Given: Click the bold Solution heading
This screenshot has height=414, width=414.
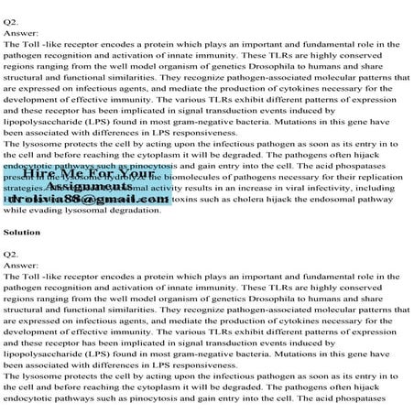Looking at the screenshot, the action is [22, 233].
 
